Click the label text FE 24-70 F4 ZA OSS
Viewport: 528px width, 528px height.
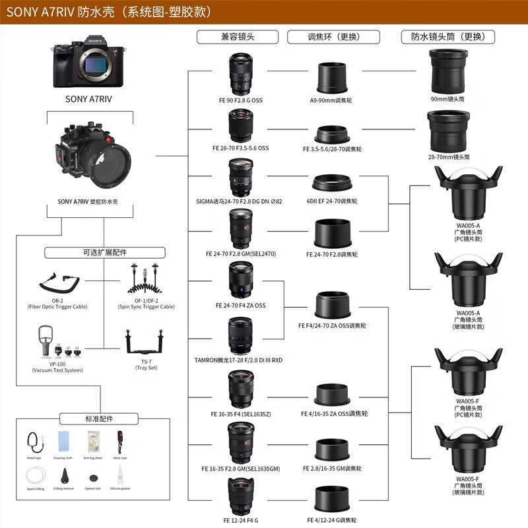pyautogui.click(x=240, y=306)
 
